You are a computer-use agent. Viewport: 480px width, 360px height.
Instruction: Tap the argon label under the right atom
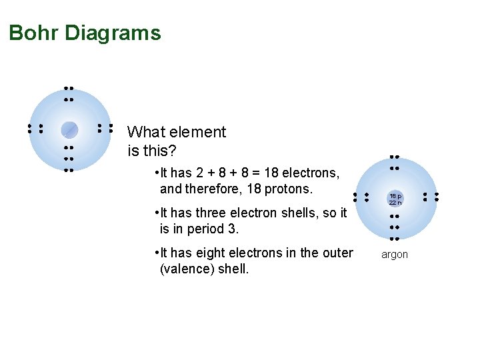click(x=394, y=255)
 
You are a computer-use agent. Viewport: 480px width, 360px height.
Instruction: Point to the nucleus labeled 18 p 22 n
click(x=395, y=199)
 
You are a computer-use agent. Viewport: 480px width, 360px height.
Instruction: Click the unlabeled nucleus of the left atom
click(x=69, y=129)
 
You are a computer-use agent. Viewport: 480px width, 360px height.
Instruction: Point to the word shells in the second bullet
click(x=309, y=213)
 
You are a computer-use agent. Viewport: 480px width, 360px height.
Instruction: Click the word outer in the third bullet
click(x=337, y=253)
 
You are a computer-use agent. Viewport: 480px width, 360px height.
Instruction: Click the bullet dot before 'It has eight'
click(x=155, y=253)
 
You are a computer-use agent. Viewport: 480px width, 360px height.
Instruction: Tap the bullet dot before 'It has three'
click(x=155, y=213)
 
